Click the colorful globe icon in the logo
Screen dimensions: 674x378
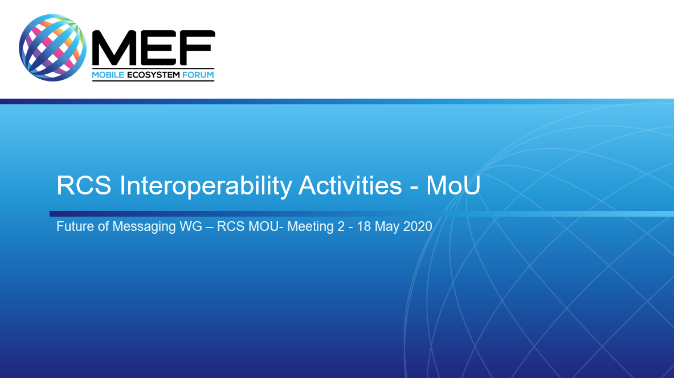(x=52, y=47)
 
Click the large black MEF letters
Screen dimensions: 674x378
(x=153, y=48)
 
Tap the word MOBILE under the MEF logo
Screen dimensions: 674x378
(x=108, y=75)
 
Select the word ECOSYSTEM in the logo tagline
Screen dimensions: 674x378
(x=153, y=75)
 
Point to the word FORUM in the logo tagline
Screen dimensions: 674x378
(x=198, y=75)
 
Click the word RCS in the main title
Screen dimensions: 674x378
(x=84, y=185)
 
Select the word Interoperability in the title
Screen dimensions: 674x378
(x=206, y=186)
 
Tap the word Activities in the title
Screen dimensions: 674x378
(x=350, y=185)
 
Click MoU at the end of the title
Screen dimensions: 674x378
(x=453, y=185)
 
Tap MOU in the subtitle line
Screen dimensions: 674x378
(x=263, y=226)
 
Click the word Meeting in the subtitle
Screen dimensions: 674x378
(x=311, y=227)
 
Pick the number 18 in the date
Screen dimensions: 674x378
(x=363, y=226)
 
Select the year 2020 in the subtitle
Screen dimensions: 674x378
(x=418, y=226)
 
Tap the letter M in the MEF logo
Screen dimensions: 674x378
(x=115, y=48)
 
